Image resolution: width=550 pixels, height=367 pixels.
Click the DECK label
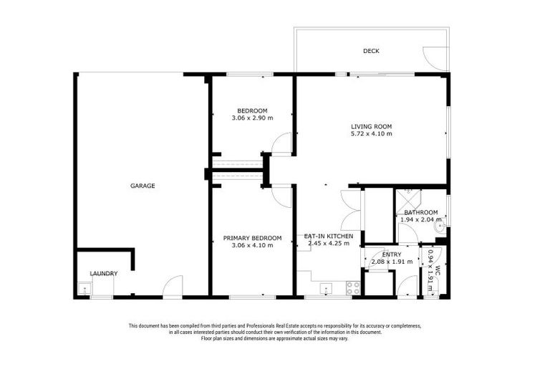(x=370, y=51)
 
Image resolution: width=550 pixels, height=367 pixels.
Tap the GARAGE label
(x=143, y=186)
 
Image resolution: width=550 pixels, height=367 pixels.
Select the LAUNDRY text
(x=103, y=274)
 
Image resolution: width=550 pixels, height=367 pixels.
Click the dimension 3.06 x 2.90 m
(x=252, y=118)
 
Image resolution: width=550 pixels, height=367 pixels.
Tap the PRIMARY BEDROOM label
(x=252, y=238)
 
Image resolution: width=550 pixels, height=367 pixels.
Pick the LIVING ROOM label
(x=371, y=127)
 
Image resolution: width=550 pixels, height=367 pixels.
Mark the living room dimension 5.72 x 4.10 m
(x=371, y=134)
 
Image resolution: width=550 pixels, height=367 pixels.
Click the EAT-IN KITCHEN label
(x=329, y=236)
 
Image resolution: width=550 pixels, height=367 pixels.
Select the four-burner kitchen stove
(x=353, y=288)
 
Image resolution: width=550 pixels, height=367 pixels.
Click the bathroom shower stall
(x=408, y=198)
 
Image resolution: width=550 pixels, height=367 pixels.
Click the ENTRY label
(x=392, y=254)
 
